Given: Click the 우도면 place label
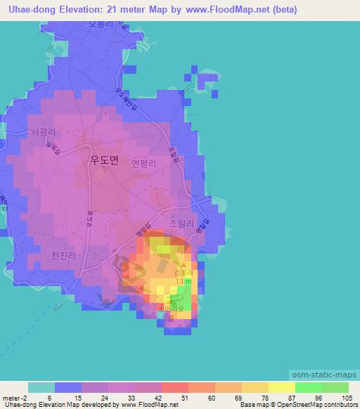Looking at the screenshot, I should click(x=104, y=160).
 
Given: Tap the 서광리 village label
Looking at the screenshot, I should click(x=41, y=131).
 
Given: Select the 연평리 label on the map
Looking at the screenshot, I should click(x=143, y=162).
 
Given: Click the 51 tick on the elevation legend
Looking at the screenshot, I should click(x=176, y=398).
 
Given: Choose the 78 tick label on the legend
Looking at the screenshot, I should click(x=256, y=398).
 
